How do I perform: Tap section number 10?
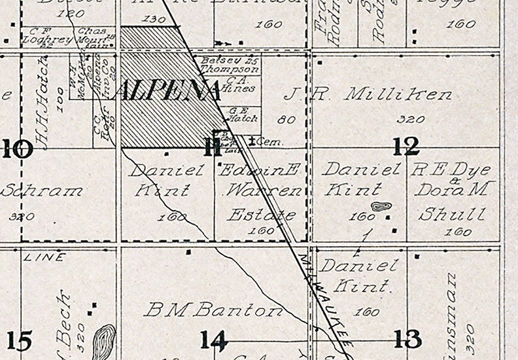tap(17, 149)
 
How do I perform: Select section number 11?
tap(211, 147)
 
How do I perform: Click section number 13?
tap(407, 339)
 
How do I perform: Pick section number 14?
tap(213, 340)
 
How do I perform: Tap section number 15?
tap(18, 340)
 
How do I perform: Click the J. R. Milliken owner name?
tap(368, 95)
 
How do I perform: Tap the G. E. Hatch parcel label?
tap(242, 115)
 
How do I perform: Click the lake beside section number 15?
tap(103, 342)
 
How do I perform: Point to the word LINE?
tap(44, 257)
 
